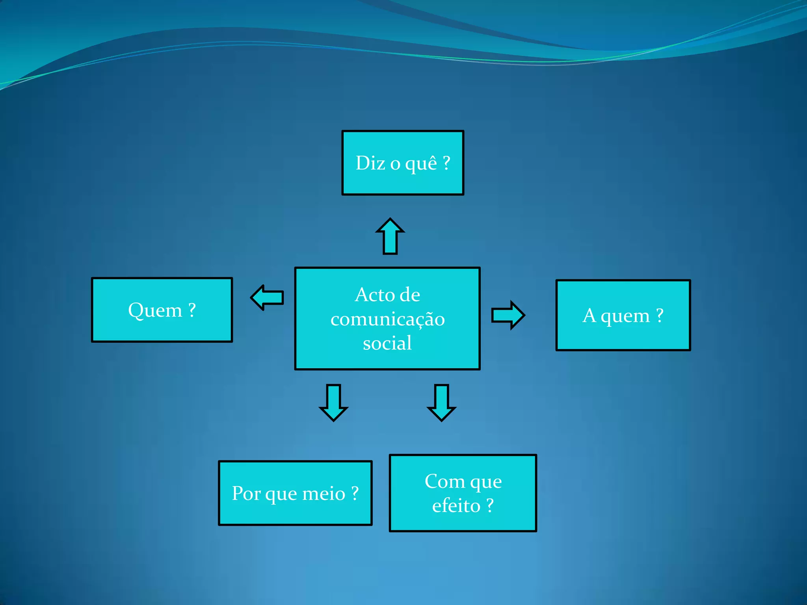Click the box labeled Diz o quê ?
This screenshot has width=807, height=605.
pyautogui.click(x=403, y=163)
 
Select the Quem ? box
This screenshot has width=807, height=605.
pyautogui.click(x=162, y=310)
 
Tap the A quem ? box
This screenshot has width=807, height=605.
pyautogui.click(x=623, y=315)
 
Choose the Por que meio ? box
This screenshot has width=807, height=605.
pyautogui.click(x=295, y=493)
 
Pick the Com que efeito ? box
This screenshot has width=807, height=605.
pyautogui.click(x=463, y=493)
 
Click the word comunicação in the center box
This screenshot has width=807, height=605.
pyautogui.click(x=388, y=319)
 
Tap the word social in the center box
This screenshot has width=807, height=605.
pyautogui.click(x=387, y=343)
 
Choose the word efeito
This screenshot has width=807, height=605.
pyautogui.click(x=456, y=506)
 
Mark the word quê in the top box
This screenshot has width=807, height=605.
pyautogui.click(x=421, y=163)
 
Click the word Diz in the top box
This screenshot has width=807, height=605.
pyautogui.click(x=370, y=163)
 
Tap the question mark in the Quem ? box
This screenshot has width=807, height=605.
pyautogui.click(x=192, y=310)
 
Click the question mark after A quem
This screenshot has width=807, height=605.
pyautogui.click(x=660, y=315)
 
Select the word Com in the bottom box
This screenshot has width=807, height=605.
pyautogui.click(x=444, y=481)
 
